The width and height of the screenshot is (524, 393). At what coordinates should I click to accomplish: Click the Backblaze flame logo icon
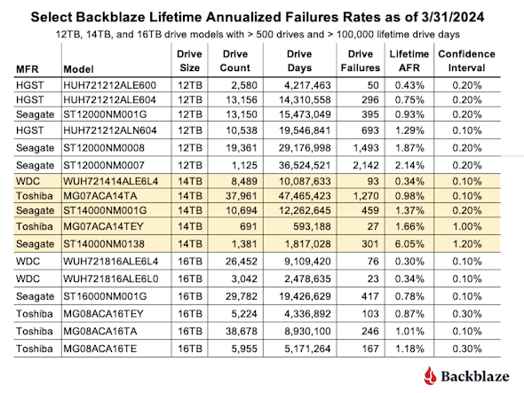[430, 375]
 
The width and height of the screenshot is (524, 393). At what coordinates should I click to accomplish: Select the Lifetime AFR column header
[409, 61]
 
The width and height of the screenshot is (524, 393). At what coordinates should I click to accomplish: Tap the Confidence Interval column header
[466, 61]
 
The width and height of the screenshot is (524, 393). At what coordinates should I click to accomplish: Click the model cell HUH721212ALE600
[109, 85]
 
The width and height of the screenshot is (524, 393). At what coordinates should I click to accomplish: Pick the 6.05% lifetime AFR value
[409, 244]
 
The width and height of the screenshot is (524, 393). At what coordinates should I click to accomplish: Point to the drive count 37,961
[242, 196]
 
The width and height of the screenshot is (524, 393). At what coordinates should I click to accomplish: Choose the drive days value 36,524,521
[305, 166]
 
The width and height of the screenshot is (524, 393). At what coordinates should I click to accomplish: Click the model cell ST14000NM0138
[104, 244]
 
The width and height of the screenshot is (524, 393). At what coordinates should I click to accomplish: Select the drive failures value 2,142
[366, 166]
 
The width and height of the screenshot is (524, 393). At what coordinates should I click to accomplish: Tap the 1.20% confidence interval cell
[467, 244]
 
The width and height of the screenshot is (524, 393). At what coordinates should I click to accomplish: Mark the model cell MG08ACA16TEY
[103, 314]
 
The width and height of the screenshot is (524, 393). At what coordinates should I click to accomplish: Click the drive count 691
[248, 227]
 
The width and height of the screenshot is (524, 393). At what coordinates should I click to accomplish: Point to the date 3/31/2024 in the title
[453, 17]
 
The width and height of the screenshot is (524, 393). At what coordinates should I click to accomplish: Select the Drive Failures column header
[361, 61]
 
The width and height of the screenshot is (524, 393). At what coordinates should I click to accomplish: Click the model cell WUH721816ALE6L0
[111, 279]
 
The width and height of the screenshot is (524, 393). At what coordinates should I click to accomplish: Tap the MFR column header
[28, 69]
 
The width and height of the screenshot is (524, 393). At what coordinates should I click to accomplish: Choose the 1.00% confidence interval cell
[467, 227]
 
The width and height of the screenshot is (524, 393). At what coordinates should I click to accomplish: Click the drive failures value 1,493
[366, 148]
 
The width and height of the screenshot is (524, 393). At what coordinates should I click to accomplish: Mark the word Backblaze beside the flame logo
[475, 376]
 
